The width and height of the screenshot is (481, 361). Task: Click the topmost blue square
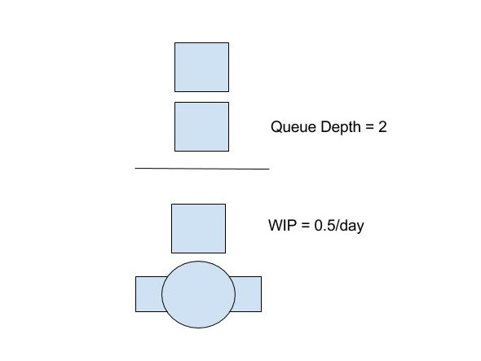point(201,67)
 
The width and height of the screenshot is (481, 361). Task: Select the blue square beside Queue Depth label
point(201,126)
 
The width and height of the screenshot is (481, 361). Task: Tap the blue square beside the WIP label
point(198,228)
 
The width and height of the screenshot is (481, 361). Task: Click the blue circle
point(198,294)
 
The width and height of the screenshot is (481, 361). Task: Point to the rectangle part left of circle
point(149,294)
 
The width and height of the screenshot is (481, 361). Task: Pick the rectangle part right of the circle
point(247,294)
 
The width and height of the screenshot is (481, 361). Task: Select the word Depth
point(341,127)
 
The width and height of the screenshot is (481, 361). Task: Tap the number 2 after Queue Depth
point(382,127)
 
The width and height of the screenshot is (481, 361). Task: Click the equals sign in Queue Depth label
point(369,128)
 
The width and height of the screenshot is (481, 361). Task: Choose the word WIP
point(283,226)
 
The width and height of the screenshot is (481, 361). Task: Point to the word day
point(352,226)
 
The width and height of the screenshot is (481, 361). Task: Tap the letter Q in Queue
point(276,127)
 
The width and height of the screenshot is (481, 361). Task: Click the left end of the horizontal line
point(135,168)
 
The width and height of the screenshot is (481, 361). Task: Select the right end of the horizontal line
point(269,169)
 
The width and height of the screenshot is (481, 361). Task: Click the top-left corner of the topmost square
point(174,42)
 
